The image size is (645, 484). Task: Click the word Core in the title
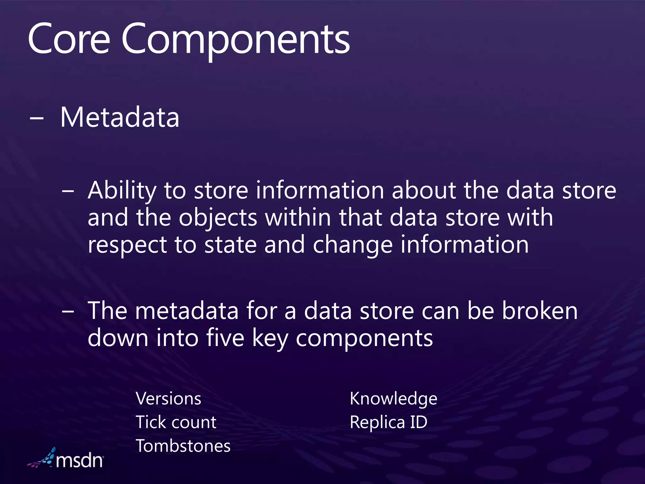[69, 39]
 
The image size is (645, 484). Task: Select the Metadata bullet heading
[120, 117]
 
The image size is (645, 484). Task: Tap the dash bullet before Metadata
[36, 119]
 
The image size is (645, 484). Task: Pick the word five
[225, 338]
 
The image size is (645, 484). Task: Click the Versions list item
[168, 399]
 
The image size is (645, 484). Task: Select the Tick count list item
[176, 422]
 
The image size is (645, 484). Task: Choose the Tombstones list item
[183, 446]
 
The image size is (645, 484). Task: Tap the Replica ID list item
[388, 422]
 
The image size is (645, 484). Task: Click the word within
[298, 218]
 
